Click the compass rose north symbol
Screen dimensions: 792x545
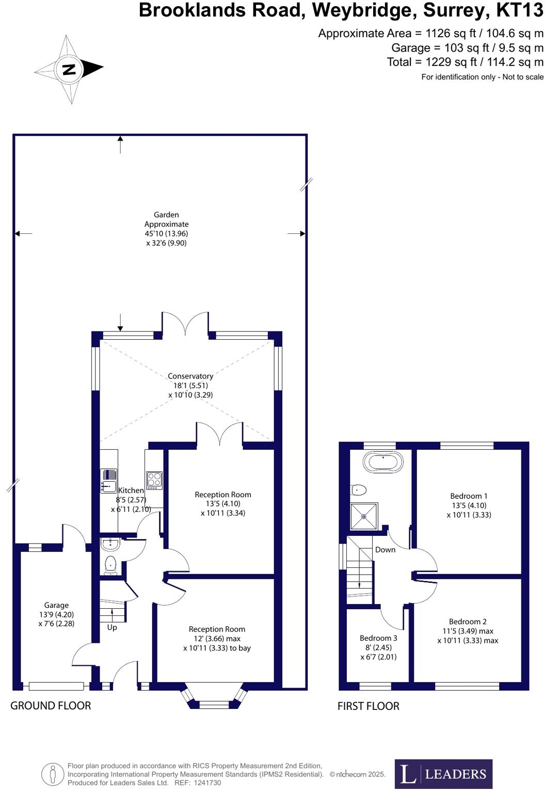point(69,69)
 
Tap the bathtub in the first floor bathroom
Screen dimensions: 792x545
point(382,462)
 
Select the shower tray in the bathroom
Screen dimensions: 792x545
point(364,516)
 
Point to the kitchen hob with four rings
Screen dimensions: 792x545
point(154,480)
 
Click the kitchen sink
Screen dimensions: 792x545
point(109,481)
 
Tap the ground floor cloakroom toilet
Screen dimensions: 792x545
point(110,564)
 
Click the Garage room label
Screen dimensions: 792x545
point(56,605)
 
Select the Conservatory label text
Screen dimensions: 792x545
point(190,376)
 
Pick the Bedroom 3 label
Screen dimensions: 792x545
point(378,638)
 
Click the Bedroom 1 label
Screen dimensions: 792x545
point(469,496)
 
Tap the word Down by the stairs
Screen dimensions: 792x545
point(385,549)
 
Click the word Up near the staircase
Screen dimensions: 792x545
point(112,627)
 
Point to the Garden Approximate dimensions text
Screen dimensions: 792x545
point(166,229)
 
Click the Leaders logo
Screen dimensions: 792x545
point(443,773)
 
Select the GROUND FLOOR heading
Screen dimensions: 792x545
point(51,706)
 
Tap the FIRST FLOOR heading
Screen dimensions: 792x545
point(368,706)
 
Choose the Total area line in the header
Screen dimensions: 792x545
point(465,62)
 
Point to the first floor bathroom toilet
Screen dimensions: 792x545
point(358,489)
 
